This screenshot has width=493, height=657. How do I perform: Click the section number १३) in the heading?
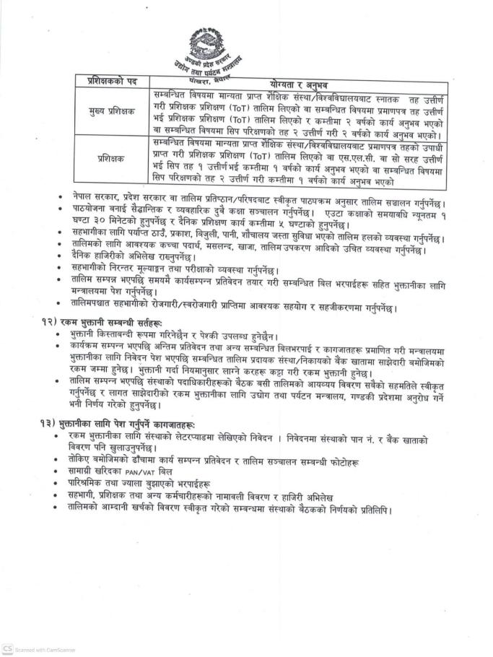click(47, 420)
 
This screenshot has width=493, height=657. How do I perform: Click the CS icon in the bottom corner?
click(7, 650)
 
